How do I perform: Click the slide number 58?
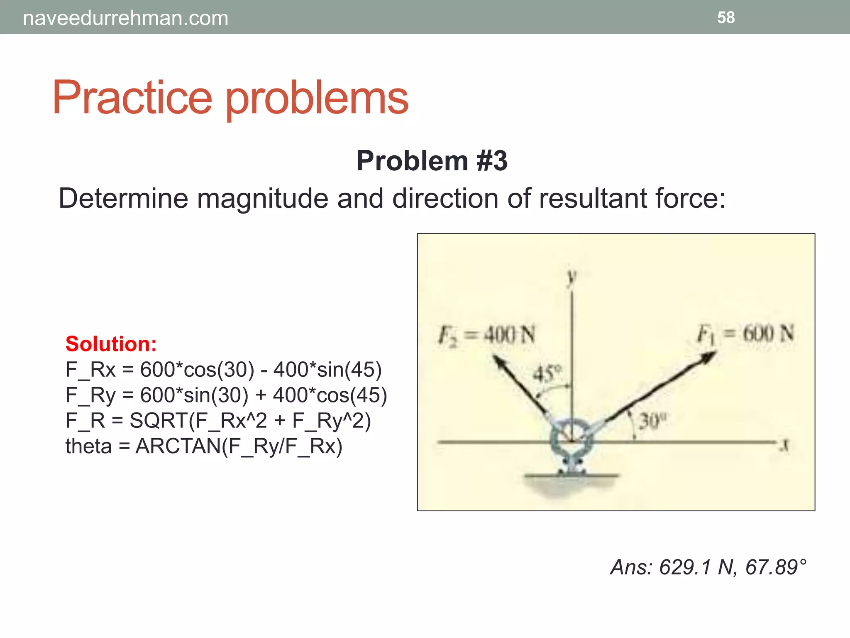click(x=726, y=17)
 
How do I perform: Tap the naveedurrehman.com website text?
click(x=125, y=18)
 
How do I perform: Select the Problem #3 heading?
click(x=432, y=161)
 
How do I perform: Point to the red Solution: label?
click(x=111, y=344)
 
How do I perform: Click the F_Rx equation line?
click(x=223, y=369)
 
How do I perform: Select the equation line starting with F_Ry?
click(x=226, y=395)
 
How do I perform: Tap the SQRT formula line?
click(x=218, y=420)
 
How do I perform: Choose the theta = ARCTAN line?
click(x=204, y=446)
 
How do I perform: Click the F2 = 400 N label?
click(x=487, y=335)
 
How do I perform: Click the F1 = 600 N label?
click(x=745, y=334)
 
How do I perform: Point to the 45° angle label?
click(x=547, y=373)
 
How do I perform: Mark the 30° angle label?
click(x=652, y=421)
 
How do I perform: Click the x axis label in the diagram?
click(x=784, y=446)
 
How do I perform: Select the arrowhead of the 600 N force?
click(x=708, y=357)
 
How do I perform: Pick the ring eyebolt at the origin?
click(x=572, y=441)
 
